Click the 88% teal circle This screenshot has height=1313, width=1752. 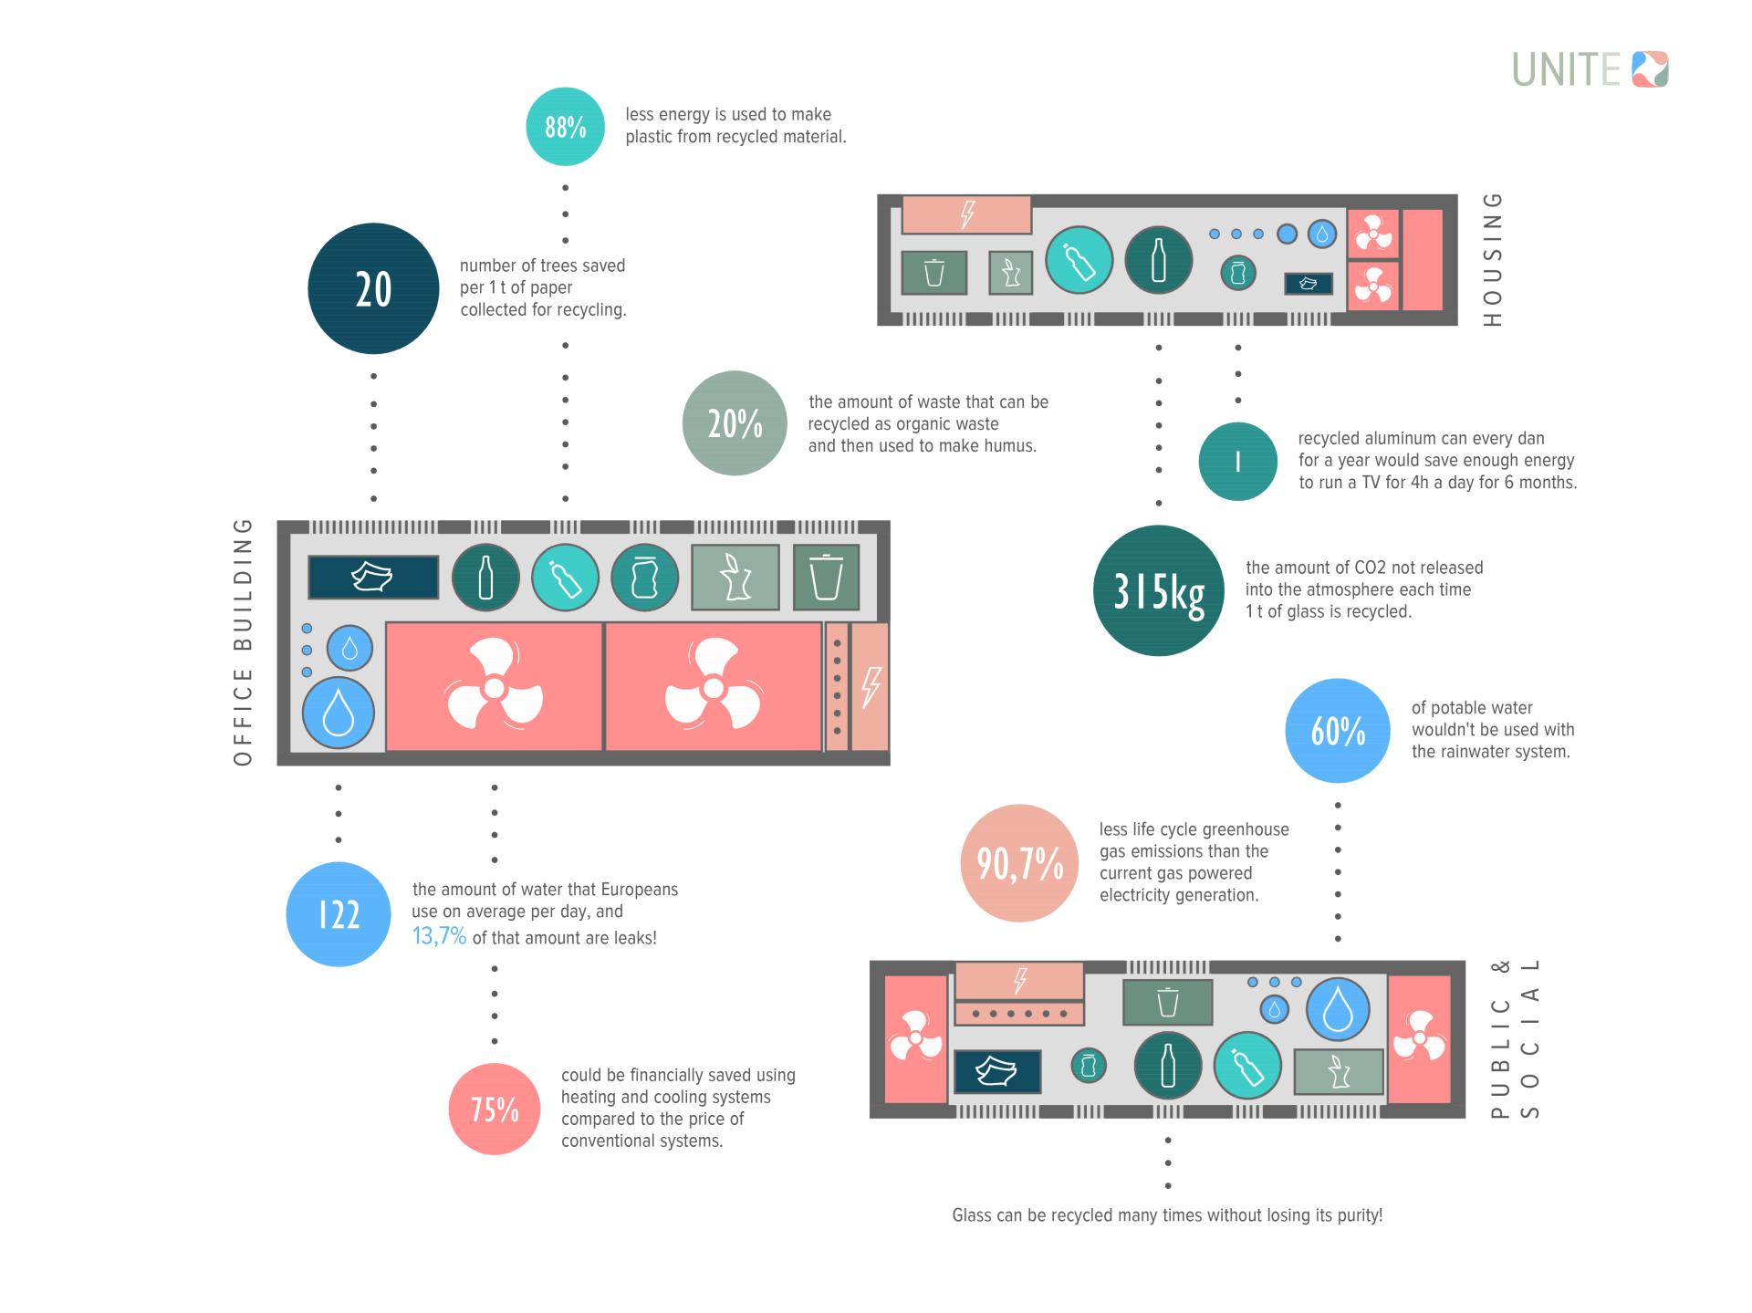coord(565,127)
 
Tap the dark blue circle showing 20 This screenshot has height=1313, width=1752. coord(373,288)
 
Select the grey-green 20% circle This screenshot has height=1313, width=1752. coord(735,423)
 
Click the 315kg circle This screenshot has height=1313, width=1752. coord(1158,591)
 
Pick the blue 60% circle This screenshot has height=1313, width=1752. coord(1338,731)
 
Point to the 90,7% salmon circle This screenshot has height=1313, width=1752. coord(1019,863)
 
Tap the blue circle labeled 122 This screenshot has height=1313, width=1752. coord(339,914)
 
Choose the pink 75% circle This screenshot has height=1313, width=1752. coord(495,1110)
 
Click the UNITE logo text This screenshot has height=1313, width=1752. coord(1566,70)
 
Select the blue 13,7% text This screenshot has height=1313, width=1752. coord(439,937)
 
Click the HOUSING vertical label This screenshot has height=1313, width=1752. coord(1492,260)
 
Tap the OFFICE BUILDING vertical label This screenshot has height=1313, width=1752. coord(243,642)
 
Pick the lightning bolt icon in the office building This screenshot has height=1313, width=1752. coord(871,687)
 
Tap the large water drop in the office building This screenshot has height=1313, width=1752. coord(339,713)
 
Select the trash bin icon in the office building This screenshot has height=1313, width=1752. coord(826,578)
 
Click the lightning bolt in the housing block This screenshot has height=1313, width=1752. coord(966,215)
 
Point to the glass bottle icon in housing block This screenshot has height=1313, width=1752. coord(1158,260)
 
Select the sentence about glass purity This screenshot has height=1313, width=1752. coord(1167,1215)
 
